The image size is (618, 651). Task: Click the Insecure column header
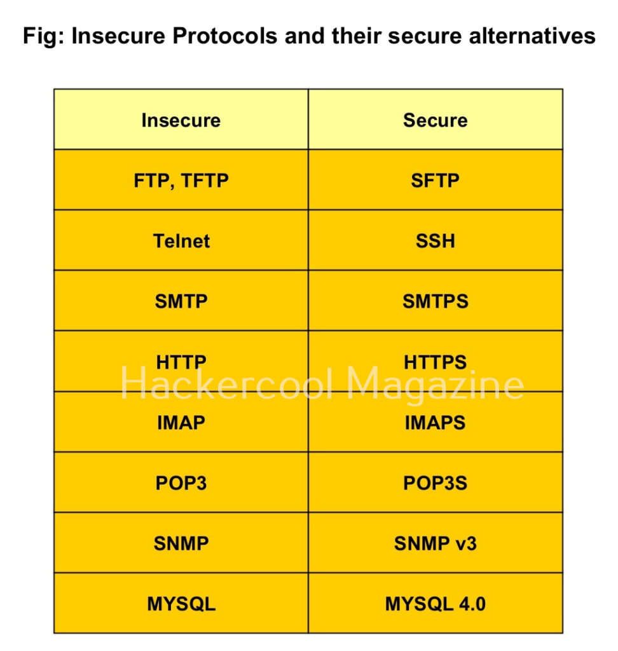[x=181, y=120]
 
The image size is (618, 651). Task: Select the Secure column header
[x=436, y=120]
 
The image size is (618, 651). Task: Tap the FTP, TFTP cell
[x=181, y=181]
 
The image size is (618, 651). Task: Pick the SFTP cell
[x=436, y=181]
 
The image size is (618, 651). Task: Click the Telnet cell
[x=181, y=241]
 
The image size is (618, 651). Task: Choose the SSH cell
[x=436, y=241]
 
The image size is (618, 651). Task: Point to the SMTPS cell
[x=436, y=301]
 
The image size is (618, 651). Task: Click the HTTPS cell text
[x=436, y=362]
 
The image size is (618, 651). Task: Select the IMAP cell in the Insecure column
[x=181, y=423]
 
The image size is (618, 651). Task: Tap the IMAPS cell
[x=436, y=423]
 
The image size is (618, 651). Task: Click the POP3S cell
[x=436, y=483]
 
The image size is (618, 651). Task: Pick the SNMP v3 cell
[x=436, y=544]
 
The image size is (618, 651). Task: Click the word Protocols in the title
[x=224, y=36]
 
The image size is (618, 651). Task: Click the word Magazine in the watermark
[x=435, y=385]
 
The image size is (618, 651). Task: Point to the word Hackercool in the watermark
[x=227, y=383]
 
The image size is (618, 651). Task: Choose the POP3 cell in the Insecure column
[x=181, y=483]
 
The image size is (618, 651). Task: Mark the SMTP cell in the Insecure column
[x=181, y=301]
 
